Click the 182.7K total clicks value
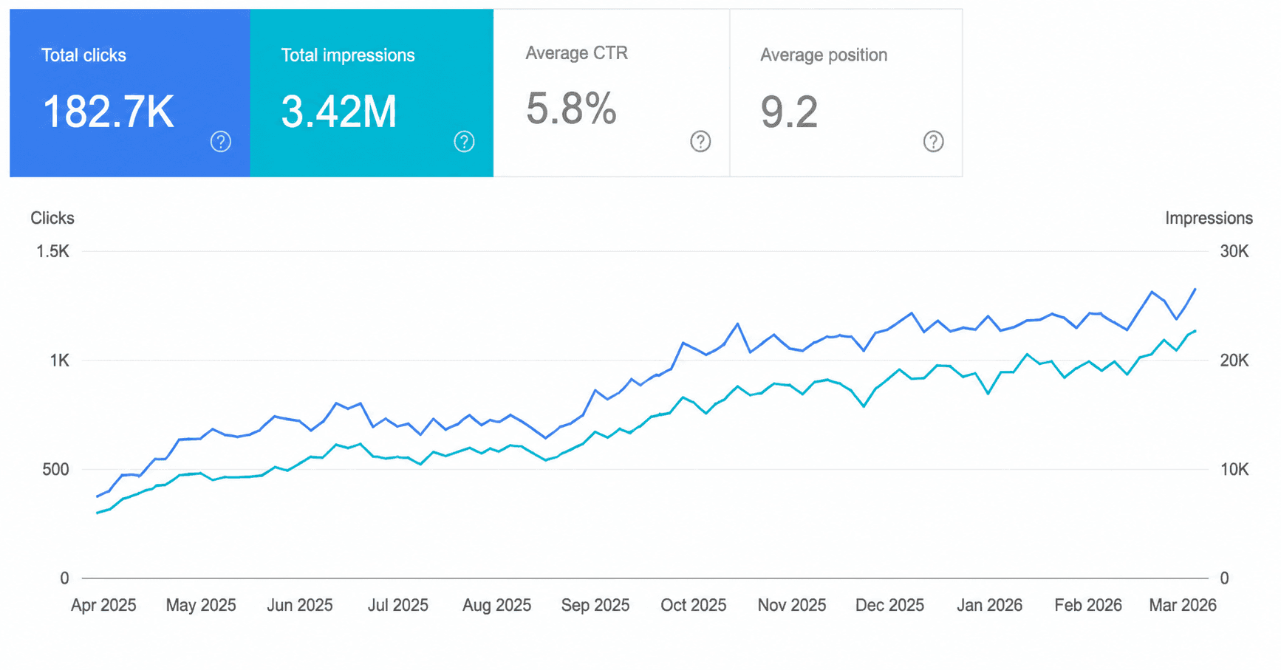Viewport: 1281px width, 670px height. coord(109,112)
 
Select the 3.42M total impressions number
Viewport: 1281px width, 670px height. coord(339,112)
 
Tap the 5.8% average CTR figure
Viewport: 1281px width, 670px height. coord(571,109)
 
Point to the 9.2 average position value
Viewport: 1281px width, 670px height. coord(789,112)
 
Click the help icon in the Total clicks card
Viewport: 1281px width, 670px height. coord(221,141)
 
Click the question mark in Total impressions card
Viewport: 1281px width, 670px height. coord(464,141)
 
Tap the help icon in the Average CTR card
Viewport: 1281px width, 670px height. coord(700,141)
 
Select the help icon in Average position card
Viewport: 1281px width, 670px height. coord(933,141)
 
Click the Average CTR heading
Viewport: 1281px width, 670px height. coord(577,53)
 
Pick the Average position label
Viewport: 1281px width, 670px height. coord(824,55)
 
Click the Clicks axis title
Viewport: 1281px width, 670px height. coord(52,218)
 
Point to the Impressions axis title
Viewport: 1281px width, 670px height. coord(1209,218)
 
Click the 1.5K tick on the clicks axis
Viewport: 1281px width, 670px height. coord(52,251)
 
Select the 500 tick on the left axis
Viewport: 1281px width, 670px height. coord(55,469)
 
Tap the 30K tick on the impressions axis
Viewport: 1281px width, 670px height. coord(1234,251)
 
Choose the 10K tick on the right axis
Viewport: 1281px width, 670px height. coord(1234,469)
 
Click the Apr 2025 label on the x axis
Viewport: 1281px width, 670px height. coord(103,605)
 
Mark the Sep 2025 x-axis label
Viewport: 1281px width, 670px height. coord(595,605)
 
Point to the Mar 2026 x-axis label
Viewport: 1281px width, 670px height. coord(1183,605)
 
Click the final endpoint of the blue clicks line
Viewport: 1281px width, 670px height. coord(1195,289)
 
